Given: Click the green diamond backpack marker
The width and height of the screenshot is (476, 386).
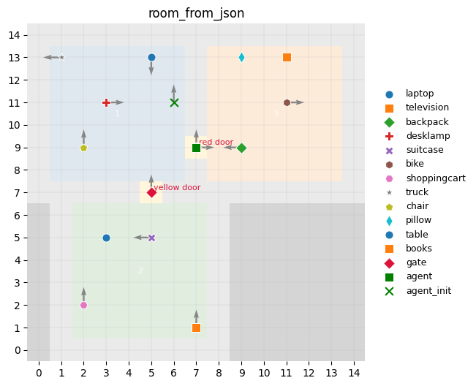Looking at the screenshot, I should coord(241,148).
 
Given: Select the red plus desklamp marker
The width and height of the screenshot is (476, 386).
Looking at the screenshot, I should coord(106,102).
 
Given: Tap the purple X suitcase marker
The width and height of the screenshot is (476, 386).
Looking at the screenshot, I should coord(151,238).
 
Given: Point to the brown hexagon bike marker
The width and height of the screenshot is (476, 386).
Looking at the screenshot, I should coord(287,102).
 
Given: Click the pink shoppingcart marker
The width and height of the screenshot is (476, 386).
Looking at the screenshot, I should coord(83,305).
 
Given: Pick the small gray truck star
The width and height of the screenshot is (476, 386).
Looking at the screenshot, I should coord(61,57).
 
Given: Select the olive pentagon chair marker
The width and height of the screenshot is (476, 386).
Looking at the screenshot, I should coord(83,148).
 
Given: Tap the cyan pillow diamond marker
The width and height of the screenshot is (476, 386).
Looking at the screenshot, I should coord(241,57).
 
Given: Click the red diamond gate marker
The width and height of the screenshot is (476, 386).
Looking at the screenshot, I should coord(151,192).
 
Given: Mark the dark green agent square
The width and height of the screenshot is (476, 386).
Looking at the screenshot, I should coord(196,148).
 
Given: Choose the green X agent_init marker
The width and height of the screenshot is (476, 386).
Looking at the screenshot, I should coord(174,102).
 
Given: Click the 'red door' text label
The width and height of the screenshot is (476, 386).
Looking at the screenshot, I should coord(216,142).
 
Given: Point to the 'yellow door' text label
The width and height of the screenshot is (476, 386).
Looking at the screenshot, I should coord(177,187).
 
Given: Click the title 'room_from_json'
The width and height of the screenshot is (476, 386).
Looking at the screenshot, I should coord(196,13).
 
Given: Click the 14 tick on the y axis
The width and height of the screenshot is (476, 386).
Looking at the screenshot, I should coord(23,35).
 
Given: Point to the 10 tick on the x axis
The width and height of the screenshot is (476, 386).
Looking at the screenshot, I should coord(264,373).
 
